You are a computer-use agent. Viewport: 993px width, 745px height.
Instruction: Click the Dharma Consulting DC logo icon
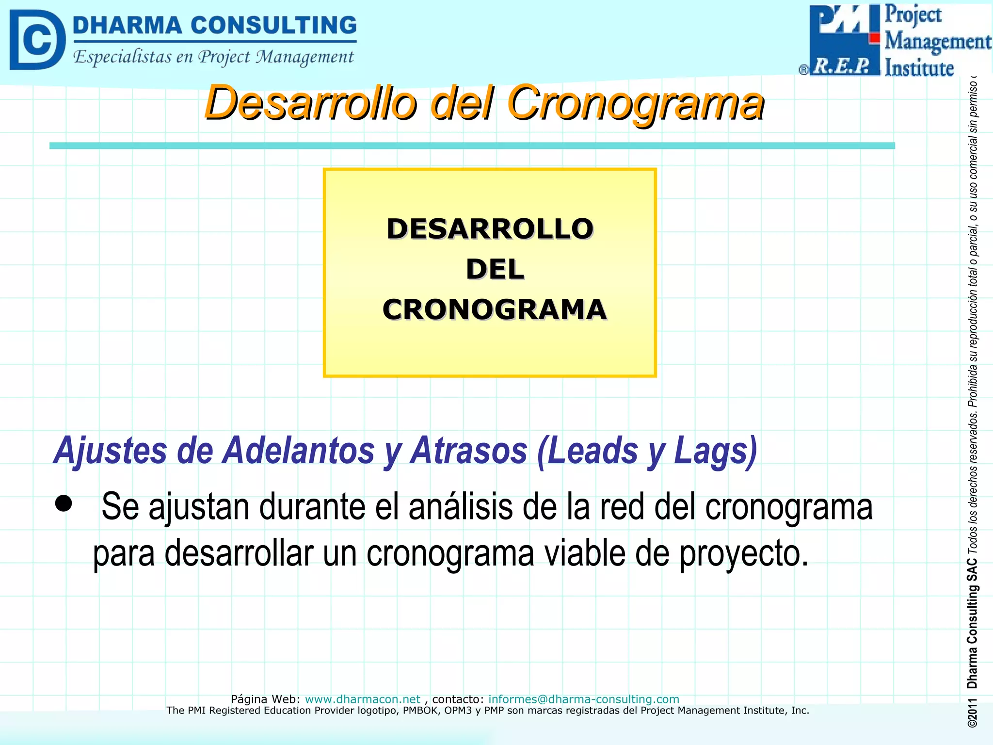37,40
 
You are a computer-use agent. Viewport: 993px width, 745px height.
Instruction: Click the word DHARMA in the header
127,25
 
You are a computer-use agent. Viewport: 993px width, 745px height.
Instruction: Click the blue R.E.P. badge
844,66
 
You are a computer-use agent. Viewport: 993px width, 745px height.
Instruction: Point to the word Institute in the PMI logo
919,68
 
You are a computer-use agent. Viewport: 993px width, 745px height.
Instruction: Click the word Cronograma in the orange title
635,103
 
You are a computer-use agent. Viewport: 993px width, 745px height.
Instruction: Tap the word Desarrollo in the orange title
310,103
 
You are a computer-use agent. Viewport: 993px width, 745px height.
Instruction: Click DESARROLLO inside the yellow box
490,229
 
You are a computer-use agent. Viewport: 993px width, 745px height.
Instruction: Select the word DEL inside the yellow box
495,269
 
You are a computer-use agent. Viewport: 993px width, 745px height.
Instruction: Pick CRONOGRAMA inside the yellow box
494,309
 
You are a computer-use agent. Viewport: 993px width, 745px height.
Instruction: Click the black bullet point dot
63,503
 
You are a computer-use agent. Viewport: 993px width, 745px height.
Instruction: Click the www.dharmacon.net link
362,699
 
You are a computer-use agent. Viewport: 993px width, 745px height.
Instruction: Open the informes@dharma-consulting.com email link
583,699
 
